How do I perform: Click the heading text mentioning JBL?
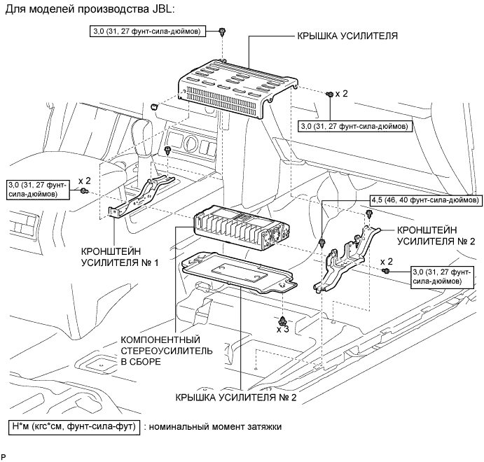90,9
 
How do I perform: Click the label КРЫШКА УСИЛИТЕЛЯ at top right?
347,36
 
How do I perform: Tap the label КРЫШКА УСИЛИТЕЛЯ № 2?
236,398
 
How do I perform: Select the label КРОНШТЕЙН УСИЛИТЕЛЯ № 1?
120,257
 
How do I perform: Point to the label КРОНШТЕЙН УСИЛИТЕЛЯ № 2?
436,236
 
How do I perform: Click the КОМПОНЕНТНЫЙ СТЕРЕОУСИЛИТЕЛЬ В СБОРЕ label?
167,351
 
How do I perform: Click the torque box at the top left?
148,31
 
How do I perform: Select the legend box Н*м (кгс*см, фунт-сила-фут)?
74,427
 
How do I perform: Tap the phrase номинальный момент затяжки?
215,427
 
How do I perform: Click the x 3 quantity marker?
283,330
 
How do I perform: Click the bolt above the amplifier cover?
222,31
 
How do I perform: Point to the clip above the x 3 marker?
282,321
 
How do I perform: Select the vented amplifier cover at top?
238,88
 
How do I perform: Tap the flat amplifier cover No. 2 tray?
240,271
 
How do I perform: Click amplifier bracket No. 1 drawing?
141,197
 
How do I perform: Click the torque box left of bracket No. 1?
38,190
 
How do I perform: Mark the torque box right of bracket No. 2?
442,277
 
